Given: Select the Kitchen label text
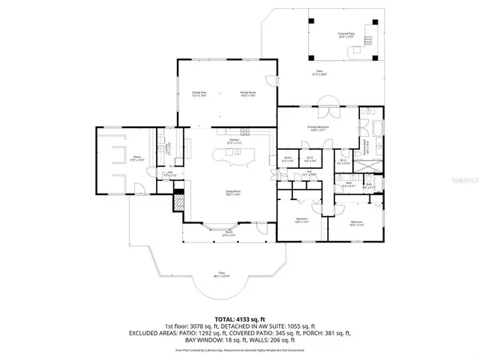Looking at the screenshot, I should [234, 141].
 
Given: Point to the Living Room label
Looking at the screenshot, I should [233, 193].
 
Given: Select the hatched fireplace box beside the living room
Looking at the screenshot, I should [179, 200].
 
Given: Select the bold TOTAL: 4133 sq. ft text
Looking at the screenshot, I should [239, 318].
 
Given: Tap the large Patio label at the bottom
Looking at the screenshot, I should [221, 275].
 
